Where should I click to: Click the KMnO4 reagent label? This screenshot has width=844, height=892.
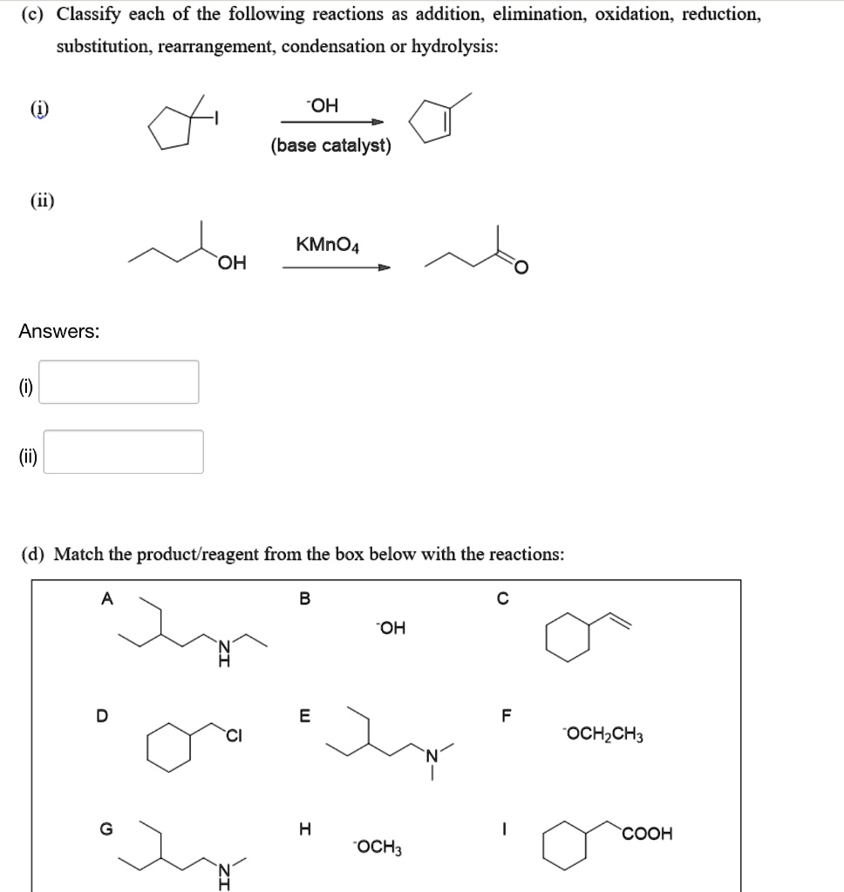tap(327, 245)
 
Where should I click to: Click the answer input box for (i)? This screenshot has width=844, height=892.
tap(119, 382)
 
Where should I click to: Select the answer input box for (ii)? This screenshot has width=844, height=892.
tap(123, 451)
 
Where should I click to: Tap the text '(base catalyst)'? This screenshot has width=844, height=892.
tap(330, 145)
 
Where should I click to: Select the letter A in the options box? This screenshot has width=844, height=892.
tap(107, 598)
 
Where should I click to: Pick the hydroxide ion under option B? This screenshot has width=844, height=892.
tap(390, 627)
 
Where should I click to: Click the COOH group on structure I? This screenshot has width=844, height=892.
tap(647, 834)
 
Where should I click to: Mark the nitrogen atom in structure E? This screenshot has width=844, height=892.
tap(431, 754)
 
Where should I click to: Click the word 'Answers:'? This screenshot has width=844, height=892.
tap(59, 332)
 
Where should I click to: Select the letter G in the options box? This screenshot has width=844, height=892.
tap(106, 830)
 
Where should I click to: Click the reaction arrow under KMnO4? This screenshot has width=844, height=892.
tap(336, 267)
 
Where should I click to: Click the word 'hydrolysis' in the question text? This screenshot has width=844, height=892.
tap(454, 46)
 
